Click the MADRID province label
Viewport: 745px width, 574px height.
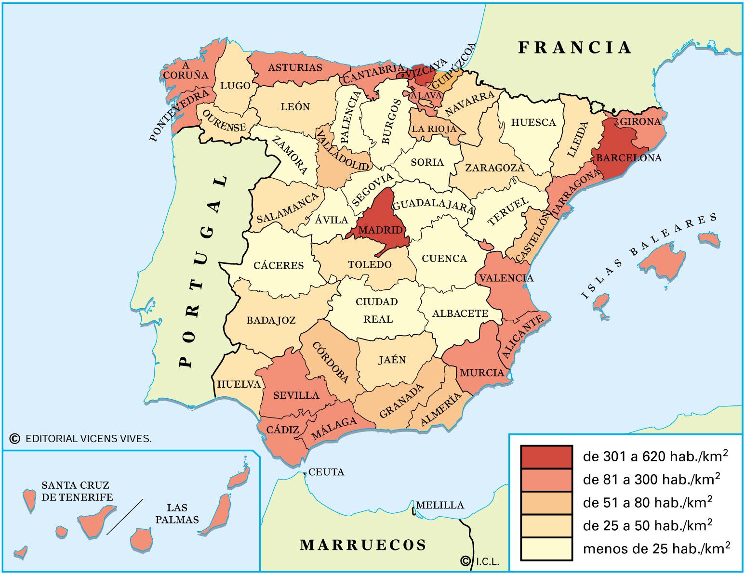381,230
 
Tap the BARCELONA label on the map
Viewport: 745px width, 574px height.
629,158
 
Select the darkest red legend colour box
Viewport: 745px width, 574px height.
546,457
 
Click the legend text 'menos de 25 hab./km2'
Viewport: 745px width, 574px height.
656,548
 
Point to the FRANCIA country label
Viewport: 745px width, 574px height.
574,48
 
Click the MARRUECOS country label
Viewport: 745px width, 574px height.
363,545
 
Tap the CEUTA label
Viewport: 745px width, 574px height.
326,472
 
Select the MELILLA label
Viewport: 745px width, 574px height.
439,505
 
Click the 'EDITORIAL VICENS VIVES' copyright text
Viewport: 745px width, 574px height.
88,439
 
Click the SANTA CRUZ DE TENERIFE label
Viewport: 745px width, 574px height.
77,491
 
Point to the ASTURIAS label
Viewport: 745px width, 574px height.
294,67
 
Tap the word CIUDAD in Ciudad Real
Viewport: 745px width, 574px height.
377,302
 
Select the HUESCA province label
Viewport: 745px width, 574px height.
533,122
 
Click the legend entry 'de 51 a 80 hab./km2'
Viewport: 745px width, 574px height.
648,502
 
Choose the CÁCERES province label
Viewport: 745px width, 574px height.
279,265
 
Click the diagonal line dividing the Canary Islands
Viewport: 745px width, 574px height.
124,517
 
